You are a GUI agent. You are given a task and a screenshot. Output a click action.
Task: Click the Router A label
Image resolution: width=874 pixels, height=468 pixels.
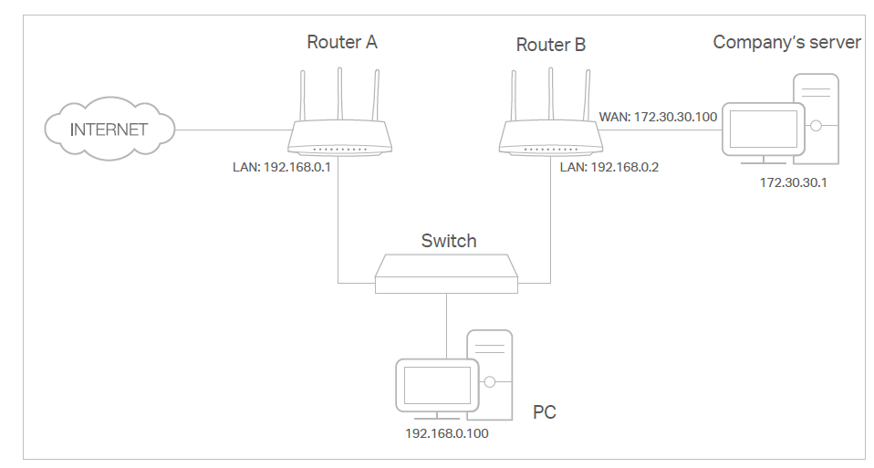point(341,42)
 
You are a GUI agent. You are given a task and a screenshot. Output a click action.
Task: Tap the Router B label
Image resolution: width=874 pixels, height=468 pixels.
point(550,45)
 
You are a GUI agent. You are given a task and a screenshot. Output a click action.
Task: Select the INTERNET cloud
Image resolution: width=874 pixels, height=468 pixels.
point(109,129)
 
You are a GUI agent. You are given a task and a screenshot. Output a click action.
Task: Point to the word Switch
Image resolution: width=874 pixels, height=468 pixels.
point(448,241)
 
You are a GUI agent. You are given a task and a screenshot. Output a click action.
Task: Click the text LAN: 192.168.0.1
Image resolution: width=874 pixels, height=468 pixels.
point(282,169)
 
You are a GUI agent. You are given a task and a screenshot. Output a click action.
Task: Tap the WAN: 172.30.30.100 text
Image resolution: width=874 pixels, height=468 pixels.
point(657,118)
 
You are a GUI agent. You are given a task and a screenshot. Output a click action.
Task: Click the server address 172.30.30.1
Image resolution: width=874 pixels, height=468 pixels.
point(793,183)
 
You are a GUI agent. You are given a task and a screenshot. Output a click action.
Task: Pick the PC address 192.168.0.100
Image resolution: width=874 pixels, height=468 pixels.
point(446,433)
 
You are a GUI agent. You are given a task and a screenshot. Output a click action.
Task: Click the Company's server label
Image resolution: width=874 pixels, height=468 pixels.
point(786,42)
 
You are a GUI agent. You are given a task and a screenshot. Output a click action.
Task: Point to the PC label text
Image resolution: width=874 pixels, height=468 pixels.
point(544,412)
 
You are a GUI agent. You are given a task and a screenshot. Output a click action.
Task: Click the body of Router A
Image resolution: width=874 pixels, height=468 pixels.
point(340,139)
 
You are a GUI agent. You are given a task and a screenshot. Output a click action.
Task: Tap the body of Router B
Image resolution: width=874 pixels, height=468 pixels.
point(550,139)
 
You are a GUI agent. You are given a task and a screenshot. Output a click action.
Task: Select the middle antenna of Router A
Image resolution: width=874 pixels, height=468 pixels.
point(340,91)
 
